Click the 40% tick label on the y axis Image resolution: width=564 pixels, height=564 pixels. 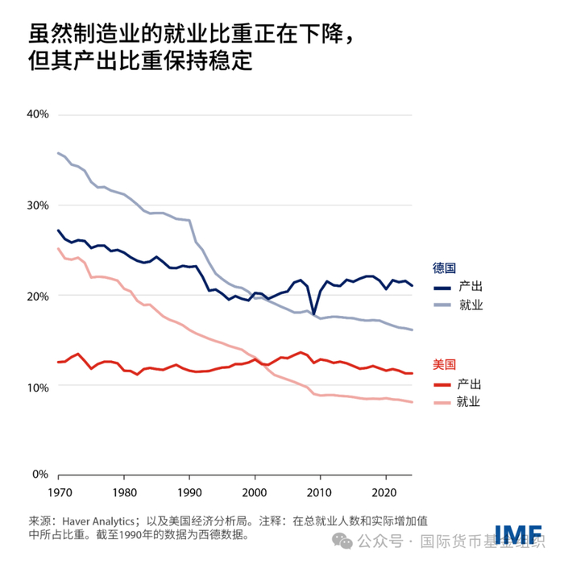[x=38, y=114]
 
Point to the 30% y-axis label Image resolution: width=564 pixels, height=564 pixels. [x=38, y=205]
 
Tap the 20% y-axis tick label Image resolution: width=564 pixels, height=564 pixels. [x=38, y=296]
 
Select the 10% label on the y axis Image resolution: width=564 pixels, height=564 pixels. [x=38, y=387]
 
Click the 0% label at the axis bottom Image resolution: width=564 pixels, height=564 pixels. [x=41, y=475]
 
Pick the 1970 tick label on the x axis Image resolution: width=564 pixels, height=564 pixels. [x=58, y=491]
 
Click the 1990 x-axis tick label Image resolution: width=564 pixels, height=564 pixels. [x=189, y=491]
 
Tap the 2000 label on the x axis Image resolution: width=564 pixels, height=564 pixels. [x=255, y=491]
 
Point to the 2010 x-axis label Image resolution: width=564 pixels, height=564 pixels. [x=320, y=491]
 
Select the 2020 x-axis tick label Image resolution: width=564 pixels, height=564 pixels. [x=385, y=491]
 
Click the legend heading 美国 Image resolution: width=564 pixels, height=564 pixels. [x=444, y=364]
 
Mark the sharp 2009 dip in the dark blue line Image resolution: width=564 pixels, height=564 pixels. [x=313, y=313]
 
